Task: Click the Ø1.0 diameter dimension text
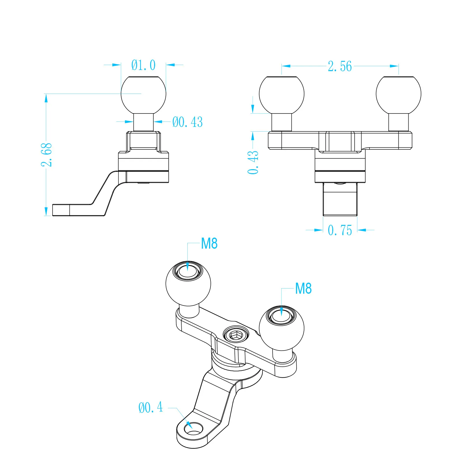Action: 143,65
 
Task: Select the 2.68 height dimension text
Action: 46,154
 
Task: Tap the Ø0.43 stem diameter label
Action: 187,122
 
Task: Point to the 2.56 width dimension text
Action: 340,66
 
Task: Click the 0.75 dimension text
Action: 340,230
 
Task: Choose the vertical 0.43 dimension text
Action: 253,162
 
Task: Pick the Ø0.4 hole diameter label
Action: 150,407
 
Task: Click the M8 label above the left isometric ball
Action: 209,243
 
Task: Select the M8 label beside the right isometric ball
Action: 303,288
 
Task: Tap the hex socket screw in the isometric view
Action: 236,335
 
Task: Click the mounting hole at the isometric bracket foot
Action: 194,429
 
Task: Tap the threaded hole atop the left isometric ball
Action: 188,271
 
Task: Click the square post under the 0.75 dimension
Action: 340,199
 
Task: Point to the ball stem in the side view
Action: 144,122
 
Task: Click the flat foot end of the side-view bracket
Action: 61,210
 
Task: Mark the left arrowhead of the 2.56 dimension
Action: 286,66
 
